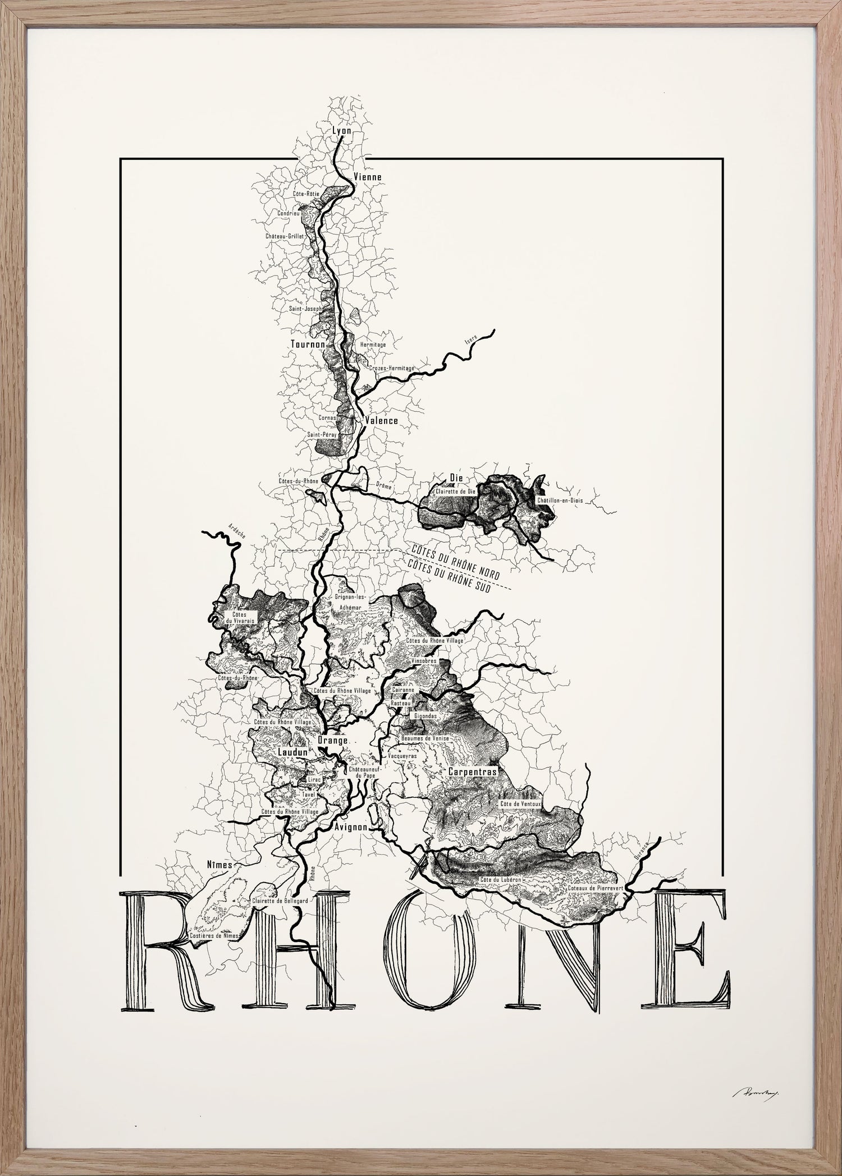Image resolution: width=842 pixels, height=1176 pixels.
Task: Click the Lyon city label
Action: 342,131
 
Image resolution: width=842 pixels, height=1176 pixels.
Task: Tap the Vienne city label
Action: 368,177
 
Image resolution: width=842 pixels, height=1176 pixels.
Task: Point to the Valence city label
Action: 381,420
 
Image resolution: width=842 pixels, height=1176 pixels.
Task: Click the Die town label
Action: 455,478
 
